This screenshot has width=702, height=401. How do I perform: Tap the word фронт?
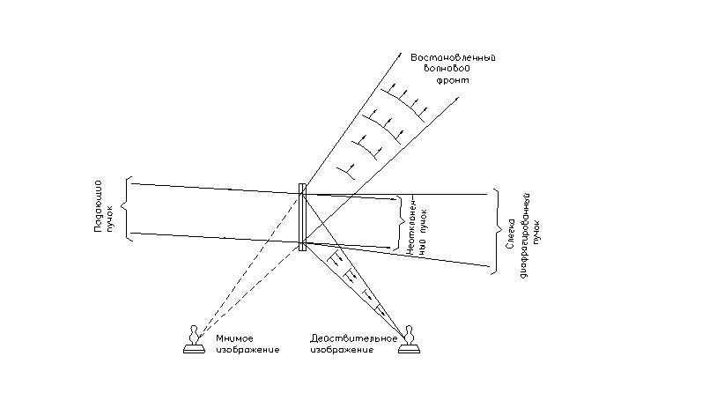(x=456, y=79)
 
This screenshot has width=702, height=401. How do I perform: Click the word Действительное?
(x=349, y=339)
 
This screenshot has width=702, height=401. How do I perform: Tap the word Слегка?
(x=509, y=234)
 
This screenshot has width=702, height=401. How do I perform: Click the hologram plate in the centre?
(x=302, y=217)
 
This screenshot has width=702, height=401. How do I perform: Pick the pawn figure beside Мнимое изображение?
(x=195, y=340)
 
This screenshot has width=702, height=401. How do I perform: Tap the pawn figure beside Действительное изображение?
(x=408, y=340)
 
